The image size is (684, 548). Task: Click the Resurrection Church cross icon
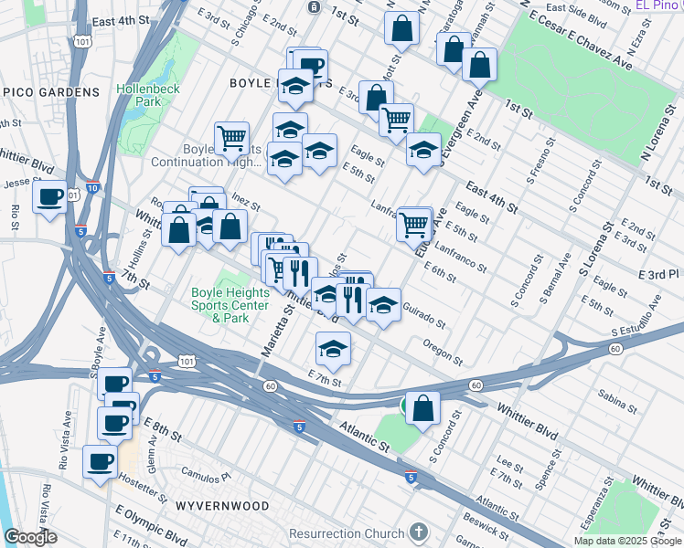[418, 532]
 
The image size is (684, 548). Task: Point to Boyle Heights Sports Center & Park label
[230, 305]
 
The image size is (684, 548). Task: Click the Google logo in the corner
[30, 537]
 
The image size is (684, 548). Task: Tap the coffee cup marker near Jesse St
[50, 196]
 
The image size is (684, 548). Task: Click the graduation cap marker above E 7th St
[333, 348]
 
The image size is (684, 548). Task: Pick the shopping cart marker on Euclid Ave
[414, 223]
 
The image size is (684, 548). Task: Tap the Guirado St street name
[423, 319]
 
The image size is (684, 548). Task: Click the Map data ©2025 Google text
[626, 541]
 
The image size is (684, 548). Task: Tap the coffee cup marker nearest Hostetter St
[101, 461]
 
